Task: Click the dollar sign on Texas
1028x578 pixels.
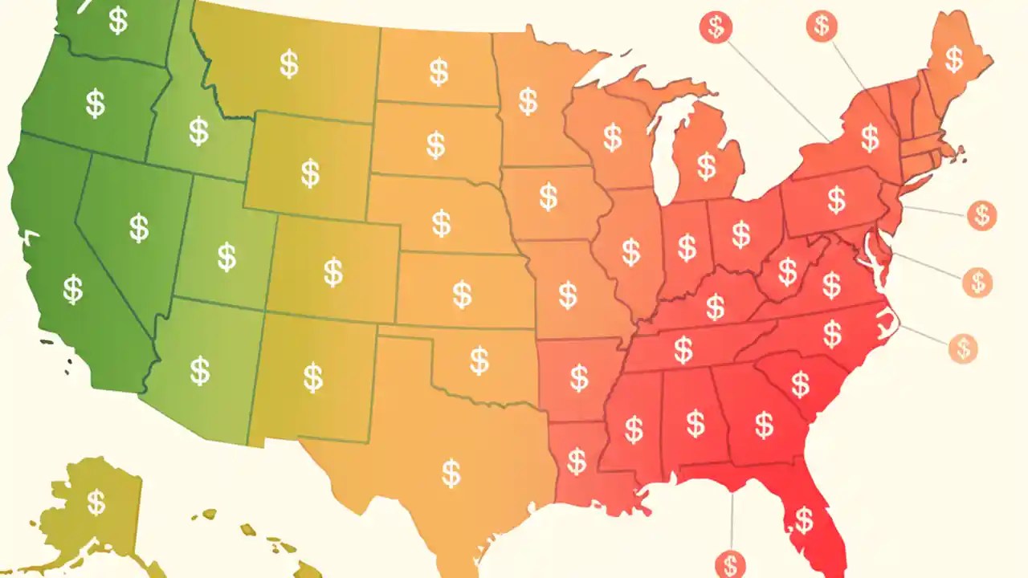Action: click(x=451, y=472)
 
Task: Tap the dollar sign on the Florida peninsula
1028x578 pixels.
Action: click(x=803, y=519)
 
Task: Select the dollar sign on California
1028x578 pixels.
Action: click(x=73, y=289)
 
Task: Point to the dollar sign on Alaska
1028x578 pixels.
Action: click(x=96, y=502)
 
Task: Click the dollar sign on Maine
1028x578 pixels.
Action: click(x=953, y=59)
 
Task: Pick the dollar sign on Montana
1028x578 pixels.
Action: click(x=289, y=63)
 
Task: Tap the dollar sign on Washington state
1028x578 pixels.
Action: click(x=118, y=21)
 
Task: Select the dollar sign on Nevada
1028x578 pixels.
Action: click(x=139, y=227)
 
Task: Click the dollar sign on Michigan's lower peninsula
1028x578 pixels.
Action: click(x=706, y=166)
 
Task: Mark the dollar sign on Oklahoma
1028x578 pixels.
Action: click(x=479, y=360)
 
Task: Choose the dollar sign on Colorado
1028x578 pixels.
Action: click(x=333, y=271)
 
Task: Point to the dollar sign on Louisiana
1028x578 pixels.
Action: click(x=577, y=461)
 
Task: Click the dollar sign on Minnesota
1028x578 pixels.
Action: click(x=528, y=101)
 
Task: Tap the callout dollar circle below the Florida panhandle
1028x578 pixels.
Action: click(x=730, y=564)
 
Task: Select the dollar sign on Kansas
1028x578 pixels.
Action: click(x=462, y=294)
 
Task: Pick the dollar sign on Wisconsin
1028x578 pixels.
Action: click(x=613, y=137)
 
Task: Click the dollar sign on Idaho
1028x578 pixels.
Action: click(x=198, y=130)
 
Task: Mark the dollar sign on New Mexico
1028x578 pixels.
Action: click(x=313, y=377)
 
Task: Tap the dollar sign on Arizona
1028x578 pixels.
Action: click(x=200, y=370)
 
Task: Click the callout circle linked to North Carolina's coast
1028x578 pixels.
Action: click(x=962, y=348)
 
